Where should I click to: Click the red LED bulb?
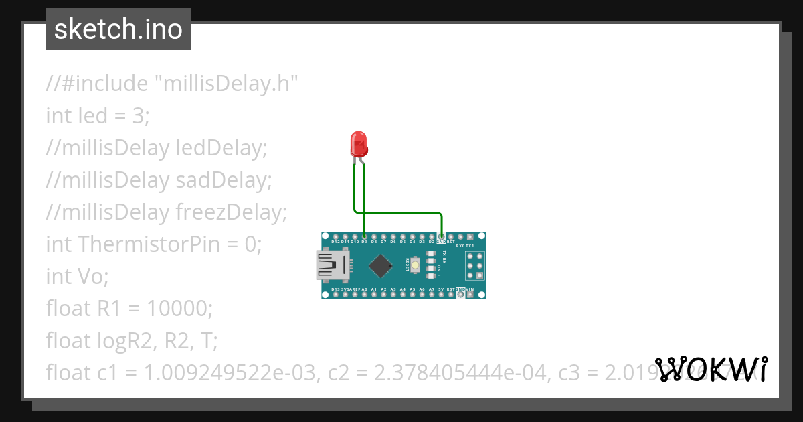pos(359,143)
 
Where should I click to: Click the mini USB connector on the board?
pos(331,265)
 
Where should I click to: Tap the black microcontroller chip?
pos(380,265)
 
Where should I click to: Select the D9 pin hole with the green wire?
pos(363,236)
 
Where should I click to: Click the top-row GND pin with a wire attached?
pos(442,236)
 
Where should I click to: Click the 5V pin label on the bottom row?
pos(441,289)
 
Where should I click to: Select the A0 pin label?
pos(363,289)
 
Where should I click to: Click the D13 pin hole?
pos(335,295)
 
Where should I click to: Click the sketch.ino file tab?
pos(118,29)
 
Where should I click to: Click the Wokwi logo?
pos(711,369)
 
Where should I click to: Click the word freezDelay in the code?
pos(231,212)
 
